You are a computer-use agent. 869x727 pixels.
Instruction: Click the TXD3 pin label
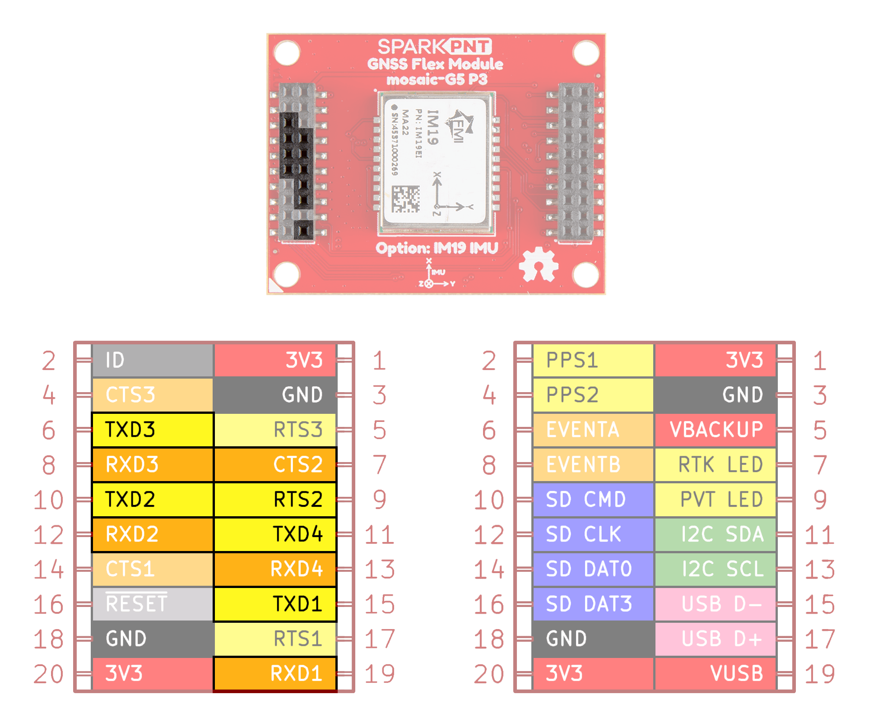coord(152,430)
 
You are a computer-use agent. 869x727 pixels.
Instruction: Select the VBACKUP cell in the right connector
coord(716,430)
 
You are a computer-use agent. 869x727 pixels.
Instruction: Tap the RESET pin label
coord(152,604)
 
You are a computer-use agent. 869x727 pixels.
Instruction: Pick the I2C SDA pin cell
coord(716,534)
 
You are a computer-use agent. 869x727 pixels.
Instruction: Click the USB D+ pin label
coord(716,639)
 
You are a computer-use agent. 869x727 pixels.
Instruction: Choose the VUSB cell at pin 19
coord(716,674)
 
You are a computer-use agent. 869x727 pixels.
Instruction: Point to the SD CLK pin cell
coord(593,534)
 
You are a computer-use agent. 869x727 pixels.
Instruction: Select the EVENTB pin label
coord(593,465)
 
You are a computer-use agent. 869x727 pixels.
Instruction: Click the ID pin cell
coord(152,360)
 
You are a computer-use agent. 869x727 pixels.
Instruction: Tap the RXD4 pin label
coord(275,569)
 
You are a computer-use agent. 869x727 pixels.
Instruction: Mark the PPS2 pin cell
coord(593,395)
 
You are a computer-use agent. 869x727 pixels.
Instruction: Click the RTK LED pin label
coord(716,465)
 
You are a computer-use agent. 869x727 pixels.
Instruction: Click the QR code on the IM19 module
coord(405,199)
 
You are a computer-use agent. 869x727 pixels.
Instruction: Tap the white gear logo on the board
coord(538,264)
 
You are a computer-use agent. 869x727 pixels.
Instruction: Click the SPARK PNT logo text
coord(434,47)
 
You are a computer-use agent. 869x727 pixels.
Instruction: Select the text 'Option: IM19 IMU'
coord(437,248)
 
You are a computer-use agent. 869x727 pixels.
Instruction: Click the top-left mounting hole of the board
coord(287,53)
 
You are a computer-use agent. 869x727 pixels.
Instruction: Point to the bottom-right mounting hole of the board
coord(586,274)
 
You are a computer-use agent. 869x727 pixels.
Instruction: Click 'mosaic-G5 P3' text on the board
coord(437,80)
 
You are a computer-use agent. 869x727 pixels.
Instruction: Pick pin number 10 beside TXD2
coord(48,500)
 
